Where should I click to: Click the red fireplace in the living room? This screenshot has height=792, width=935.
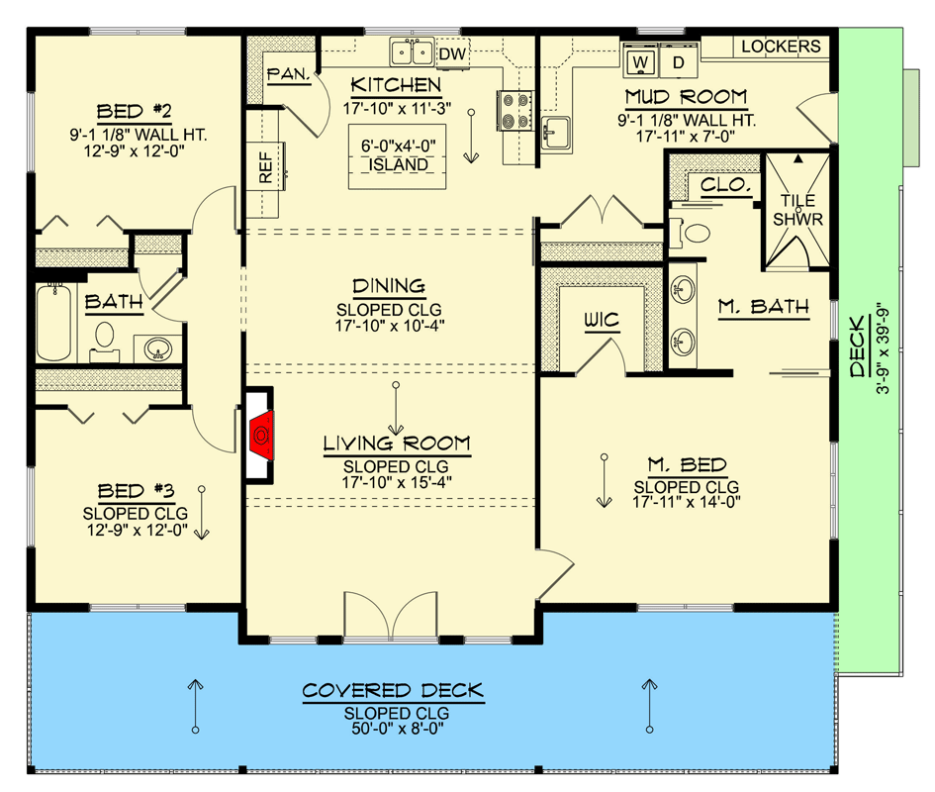262,434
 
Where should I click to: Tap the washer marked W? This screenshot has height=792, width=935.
640,62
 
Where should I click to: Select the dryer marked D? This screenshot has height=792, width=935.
679,62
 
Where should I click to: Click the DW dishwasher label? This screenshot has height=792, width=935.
451,52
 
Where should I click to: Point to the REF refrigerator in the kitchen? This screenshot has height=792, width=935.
265,167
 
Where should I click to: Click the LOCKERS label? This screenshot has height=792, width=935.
781,47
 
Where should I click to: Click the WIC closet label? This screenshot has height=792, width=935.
601,320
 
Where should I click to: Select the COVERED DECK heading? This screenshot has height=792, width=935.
395,690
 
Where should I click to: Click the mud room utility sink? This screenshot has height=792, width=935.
557,131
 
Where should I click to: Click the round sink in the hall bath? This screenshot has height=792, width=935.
156,348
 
